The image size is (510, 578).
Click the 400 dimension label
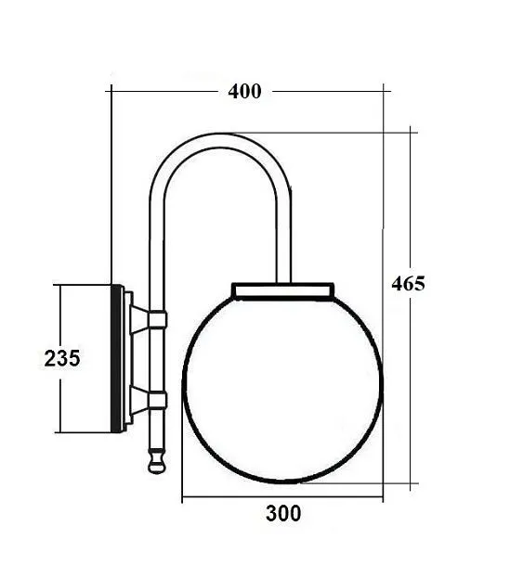click(x=244, y=91)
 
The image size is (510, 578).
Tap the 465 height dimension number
click(x=408, y=284)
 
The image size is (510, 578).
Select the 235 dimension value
click(x=62, y=358)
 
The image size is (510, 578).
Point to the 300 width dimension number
click(x=282, y=514)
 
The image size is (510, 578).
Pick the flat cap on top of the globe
click(x=283, y=290)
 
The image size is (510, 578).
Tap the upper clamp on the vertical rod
click(x=157, y=320)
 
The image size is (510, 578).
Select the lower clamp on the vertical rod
click(x=157, y=400)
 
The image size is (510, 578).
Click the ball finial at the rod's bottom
click(x=157, y=460)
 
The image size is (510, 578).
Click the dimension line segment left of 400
click(x=167, y=91)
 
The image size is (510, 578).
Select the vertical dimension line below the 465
click(x=412, y=390)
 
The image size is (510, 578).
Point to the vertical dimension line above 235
click(x=60, y=315)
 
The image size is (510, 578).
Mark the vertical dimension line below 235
click(x=60, y=404)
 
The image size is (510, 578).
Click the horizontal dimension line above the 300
click(x=282, y=499)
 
